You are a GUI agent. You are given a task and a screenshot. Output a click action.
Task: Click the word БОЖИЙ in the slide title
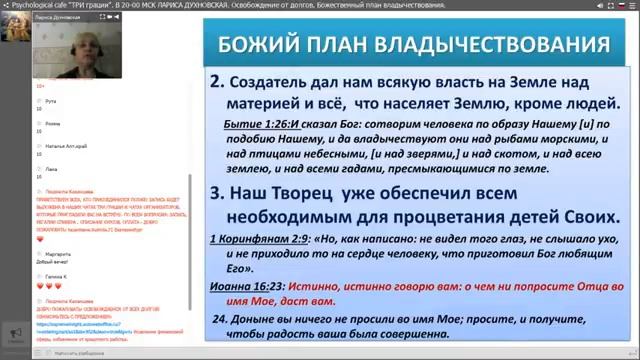(250, 46)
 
